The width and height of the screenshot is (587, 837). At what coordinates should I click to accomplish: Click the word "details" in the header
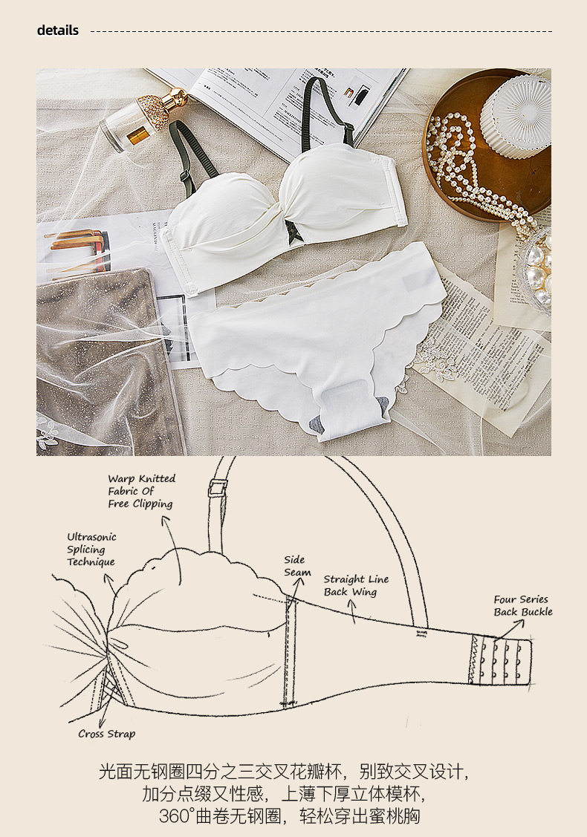click(x=58, y=30)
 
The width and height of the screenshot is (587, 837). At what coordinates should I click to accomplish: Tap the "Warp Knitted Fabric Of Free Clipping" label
click(x=141, y=491)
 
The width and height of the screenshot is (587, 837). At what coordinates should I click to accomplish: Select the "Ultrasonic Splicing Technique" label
click(x=91, y=549)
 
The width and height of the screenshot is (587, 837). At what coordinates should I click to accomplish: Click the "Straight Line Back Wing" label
click(x=356, y=585)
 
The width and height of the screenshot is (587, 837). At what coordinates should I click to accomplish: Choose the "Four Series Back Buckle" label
click(x=523, y=605)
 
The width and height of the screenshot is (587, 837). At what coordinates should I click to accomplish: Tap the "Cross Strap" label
click(x=107, y=734)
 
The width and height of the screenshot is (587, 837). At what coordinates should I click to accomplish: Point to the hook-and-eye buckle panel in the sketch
click(x=500, y=659)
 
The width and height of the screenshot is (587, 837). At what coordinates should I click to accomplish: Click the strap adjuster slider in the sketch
click(x=218, y=488)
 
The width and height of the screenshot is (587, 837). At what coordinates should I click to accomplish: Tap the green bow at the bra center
click(x=289, y=230)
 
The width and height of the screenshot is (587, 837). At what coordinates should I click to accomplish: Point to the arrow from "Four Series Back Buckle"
click(x=507, y=628)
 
